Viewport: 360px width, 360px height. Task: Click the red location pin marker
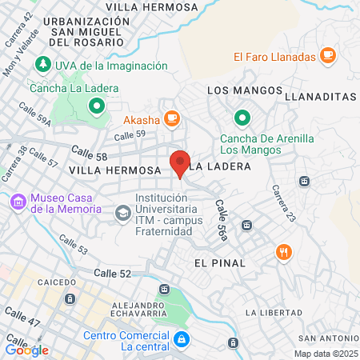(x=180, y=162)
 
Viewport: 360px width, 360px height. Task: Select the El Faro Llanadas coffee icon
(x=326, y=55)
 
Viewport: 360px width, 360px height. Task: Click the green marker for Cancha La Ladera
(x=96, y=104)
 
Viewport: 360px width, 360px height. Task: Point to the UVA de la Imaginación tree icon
(x=41, y=65)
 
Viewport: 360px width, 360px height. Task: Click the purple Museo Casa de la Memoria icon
(x=18, y=203)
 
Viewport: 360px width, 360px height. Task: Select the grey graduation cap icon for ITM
(x=122, y=213)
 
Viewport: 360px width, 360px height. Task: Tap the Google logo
(x=27, y=350)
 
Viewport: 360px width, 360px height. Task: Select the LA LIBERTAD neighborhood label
(x=273, y=311)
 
